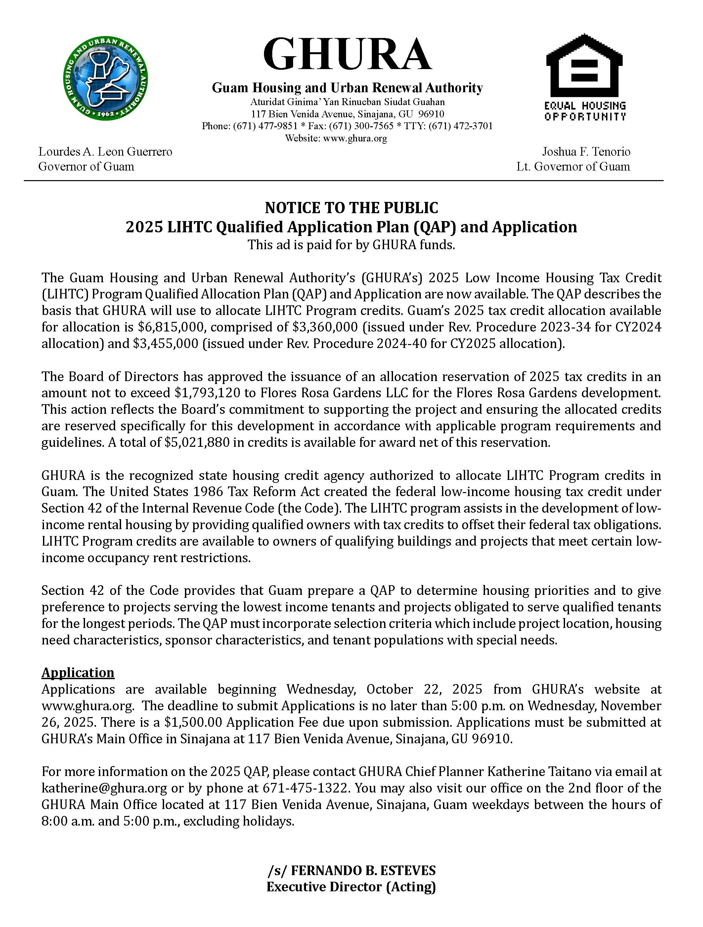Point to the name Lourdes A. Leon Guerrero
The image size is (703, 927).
click(105, 151)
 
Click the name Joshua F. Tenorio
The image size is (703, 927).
click(586, 151)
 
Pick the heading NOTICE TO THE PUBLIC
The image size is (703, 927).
click(351, 208)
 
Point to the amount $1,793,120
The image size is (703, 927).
click(205, 393)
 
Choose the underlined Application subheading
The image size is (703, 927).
click(78, 673)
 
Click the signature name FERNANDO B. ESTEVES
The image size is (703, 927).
click(363, 870)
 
